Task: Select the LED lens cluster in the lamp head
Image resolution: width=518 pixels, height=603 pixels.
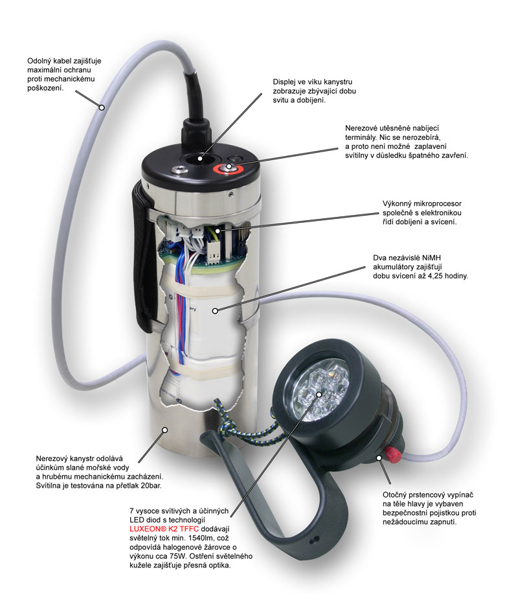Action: pyautogui.click(x=318, y=392)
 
